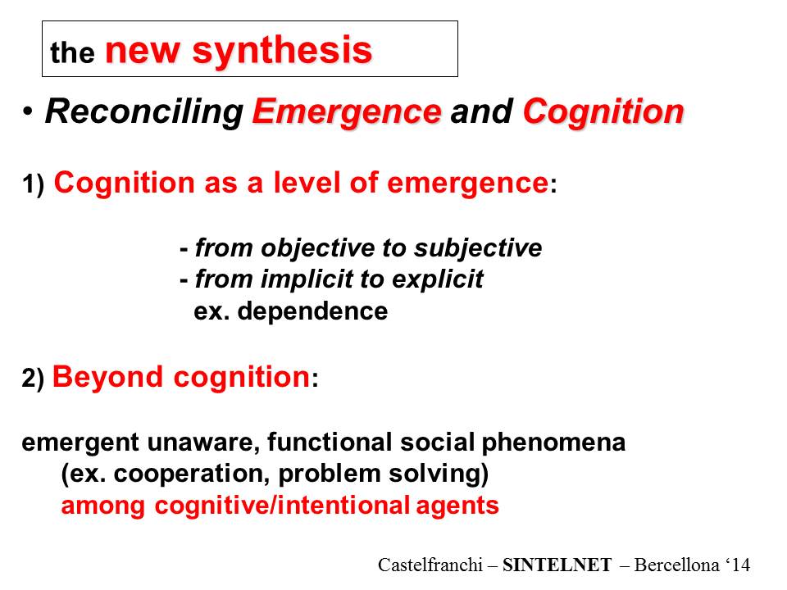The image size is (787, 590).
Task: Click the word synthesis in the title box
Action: click(282, 51)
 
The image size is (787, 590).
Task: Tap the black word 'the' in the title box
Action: click(72, 52)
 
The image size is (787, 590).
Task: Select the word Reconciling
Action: click(144, 112)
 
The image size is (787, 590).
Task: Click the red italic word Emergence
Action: click(347, 111)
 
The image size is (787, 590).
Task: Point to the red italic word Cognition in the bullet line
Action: click(604, 111)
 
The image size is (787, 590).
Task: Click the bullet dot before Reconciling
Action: click(28, 111)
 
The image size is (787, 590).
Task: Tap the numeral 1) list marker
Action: click(33, 184)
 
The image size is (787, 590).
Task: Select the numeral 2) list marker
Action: click(33, 379)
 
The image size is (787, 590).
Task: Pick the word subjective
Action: click(478, 248)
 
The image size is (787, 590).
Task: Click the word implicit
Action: click(297, 279)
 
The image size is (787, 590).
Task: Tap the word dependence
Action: click(312, 311)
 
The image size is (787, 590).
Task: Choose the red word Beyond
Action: click(107, 377)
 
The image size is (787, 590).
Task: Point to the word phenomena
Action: click(553, 442)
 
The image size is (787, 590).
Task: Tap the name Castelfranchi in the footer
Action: click(430, 565)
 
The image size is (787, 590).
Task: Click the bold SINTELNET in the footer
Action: click(557, 565)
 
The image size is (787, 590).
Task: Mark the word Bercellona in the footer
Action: click(676, 565)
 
